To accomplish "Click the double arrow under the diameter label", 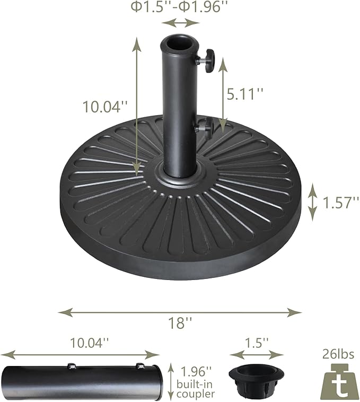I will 180,22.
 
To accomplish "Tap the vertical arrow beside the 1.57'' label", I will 313,202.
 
